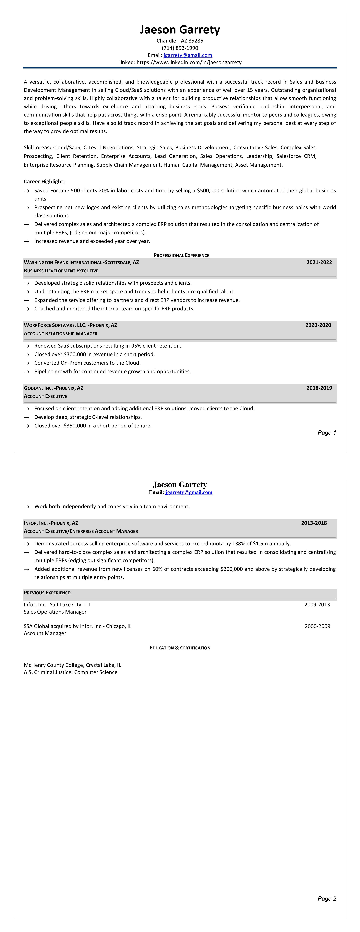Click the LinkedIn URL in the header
pyautogui.click(x=189, y=62)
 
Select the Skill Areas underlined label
pyautogui.click(x=37, y=148)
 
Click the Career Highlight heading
pyautogui.click(x=44, y=182)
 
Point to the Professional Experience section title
pyautogui.click(x=181, y=255)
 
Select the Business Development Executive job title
pyautogui.click(x=61, y=271)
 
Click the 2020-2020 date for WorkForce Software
pyautogui.click(x=318, y=325)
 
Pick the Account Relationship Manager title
pyautogui.click(x=60, y=334)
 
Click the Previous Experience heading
pyautogui.click(x=47, y=593)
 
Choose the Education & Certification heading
pyautogui.click(x=180, y=648)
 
